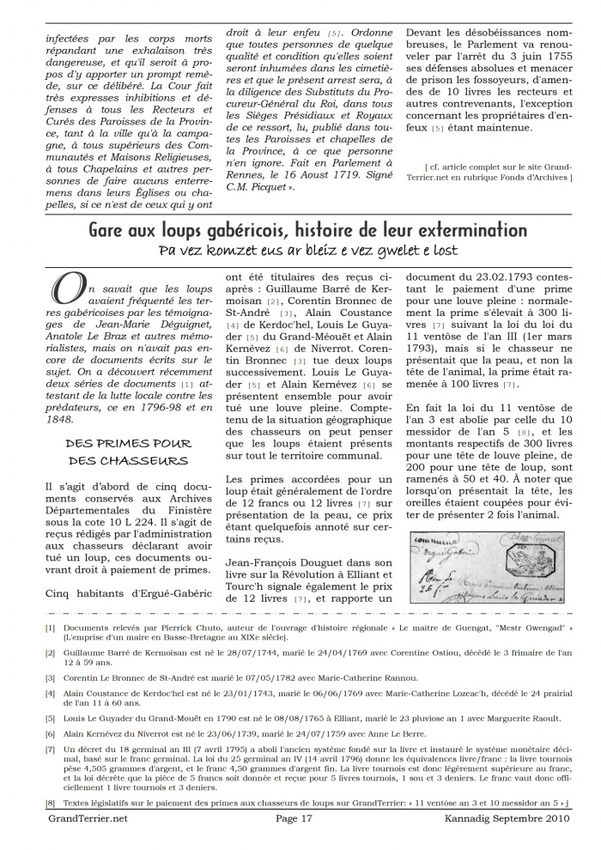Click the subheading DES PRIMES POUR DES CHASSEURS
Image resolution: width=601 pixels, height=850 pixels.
point(128,452)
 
